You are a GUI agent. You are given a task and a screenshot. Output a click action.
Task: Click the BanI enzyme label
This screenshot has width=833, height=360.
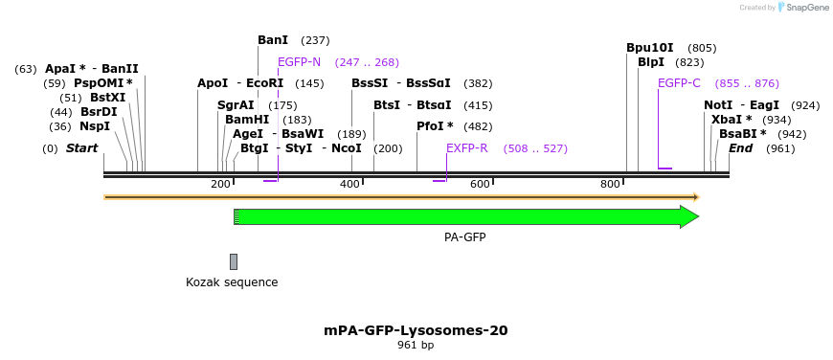click(273, 40)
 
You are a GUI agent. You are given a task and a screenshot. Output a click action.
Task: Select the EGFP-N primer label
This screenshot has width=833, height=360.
click(299, 62)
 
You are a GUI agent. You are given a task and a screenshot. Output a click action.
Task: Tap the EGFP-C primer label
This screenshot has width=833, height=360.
click(679, 83)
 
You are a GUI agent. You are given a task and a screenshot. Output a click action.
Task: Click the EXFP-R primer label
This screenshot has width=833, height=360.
click(467, 148)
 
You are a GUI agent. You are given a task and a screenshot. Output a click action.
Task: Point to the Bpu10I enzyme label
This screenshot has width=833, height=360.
click(650, 48)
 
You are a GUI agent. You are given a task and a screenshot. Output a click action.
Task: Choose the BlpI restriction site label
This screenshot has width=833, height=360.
click(651, 62)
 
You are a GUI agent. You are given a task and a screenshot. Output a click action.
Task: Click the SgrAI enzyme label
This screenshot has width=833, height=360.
click(236, 105)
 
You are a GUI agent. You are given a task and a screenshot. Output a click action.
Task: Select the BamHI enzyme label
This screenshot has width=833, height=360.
click(247, 120)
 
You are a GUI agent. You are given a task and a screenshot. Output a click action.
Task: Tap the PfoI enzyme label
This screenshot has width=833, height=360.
click(435, 126)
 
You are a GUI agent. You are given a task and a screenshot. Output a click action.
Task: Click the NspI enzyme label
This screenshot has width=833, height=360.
click(94, 126)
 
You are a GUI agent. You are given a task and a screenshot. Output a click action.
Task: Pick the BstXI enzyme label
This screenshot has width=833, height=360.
click(107, 98)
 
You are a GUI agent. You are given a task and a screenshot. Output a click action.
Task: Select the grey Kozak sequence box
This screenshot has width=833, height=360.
click(233, 261)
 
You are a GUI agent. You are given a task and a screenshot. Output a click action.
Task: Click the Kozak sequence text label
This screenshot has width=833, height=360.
click(232, 282)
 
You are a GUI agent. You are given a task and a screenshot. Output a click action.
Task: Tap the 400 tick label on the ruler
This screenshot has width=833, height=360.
click(350, 184)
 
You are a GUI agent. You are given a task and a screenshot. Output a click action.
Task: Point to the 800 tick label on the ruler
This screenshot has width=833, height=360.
click(610, 184)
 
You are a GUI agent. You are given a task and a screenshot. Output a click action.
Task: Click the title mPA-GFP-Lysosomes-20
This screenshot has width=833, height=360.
click(416, 330)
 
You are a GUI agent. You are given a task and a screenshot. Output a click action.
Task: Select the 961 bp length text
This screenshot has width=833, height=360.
click(416, 346)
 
